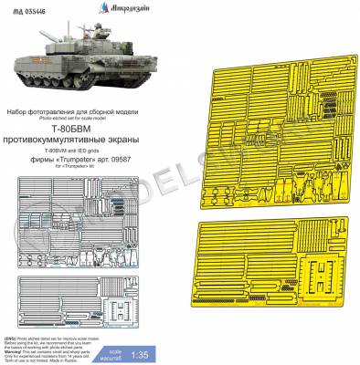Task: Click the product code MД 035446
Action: point(28,9)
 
